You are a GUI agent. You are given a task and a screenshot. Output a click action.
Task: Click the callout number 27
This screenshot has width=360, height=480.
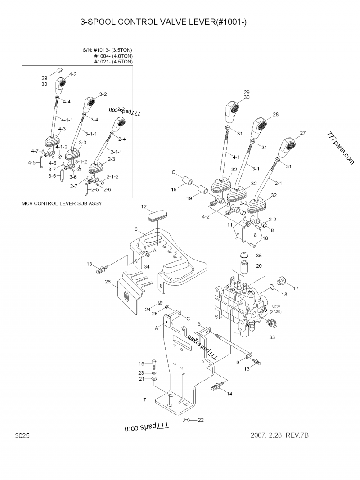(x=302, y=133)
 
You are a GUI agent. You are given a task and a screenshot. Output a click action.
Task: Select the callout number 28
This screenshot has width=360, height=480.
(x=275, y=115)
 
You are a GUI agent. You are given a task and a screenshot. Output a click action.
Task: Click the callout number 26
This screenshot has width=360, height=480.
(x=108, y=282)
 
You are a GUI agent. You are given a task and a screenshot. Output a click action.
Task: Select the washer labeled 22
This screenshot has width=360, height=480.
(x=186, y=420)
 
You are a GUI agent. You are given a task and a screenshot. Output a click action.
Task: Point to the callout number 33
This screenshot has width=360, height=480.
(x=272, y=337)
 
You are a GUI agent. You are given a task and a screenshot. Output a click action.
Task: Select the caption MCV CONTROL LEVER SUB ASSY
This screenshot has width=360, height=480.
(x=62, y=203)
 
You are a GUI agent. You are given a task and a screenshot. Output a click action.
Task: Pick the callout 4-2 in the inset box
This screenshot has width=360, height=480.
(x=72, y=74)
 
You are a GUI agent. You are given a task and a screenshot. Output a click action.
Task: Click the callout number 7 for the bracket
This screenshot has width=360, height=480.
(x=144, y=399)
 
